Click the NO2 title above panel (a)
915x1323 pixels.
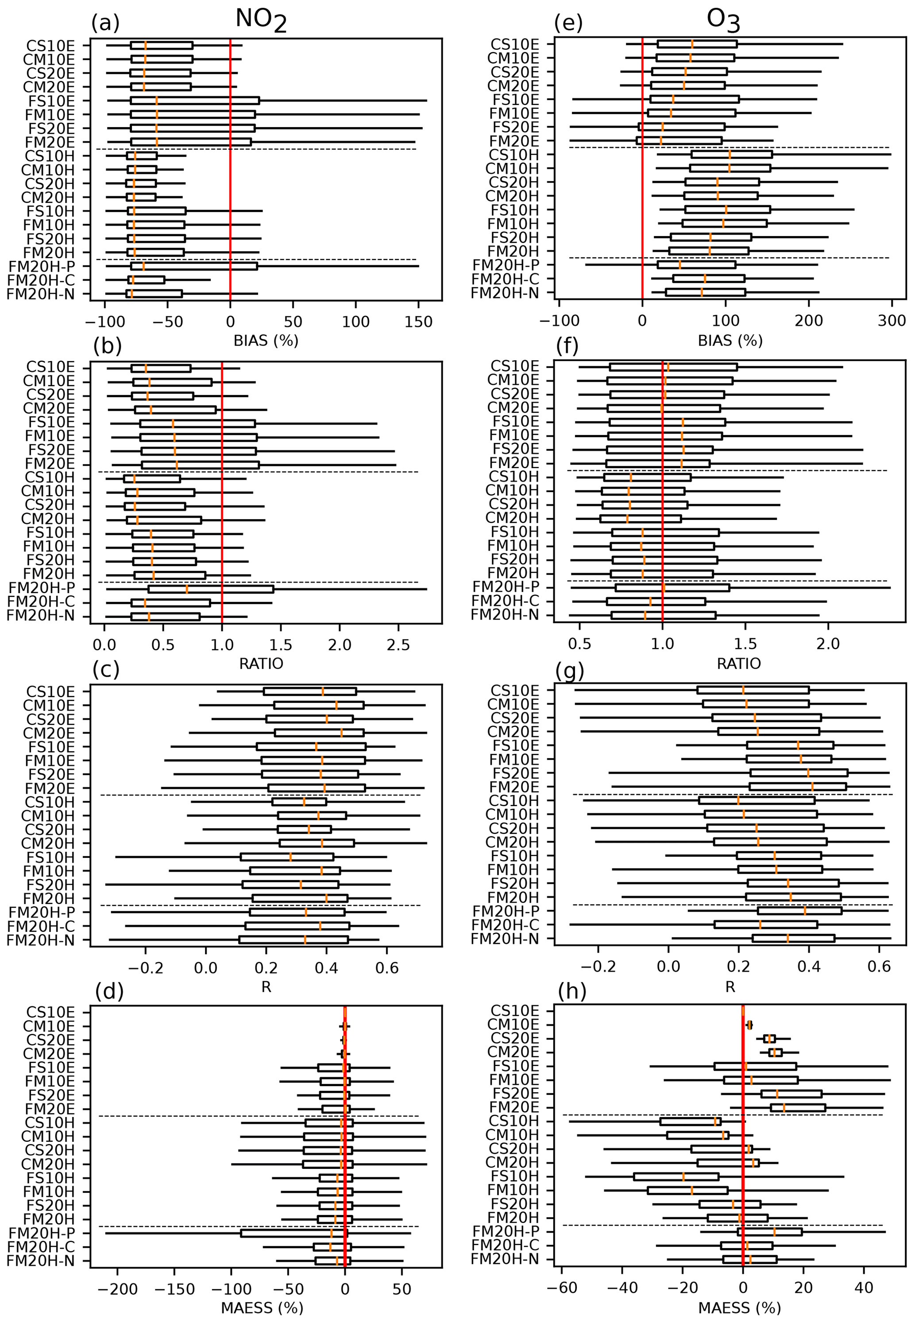point(260,20)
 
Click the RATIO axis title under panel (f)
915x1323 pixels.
point(738,663)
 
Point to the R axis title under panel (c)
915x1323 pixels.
point(266,986)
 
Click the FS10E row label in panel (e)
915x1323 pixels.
point(516,99)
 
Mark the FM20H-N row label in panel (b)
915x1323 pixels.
point(49,617)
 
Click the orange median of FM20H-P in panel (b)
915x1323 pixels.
point(187,589)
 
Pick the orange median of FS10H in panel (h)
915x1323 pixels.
point(683,1177)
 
